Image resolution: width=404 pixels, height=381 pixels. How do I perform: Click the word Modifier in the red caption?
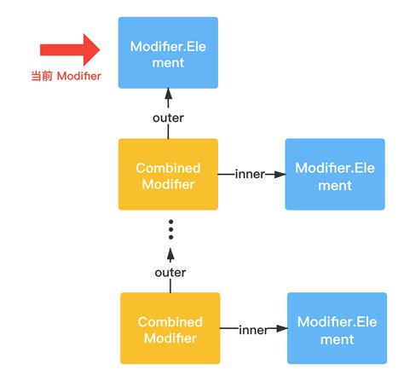(x=78, y=76)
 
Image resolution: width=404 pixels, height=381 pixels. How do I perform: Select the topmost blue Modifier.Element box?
(x=169, y=53)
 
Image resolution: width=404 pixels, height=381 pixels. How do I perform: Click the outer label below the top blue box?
(x=169, y=118)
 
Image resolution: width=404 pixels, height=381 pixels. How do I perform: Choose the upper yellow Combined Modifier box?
(x=169, y=174)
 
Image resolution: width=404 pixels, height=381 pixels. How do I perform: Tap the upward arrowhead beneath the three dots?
(x=170, y=253)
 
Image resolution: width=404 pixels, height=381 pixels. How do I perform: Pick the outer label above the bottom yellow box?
(x=170, y=272)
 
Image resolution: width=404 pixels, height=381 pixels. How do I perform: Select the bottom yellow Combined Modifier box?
(x=170, y=330)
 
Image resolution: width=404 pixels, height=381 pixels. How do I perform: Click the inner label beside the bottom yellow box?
(x=254, y=330)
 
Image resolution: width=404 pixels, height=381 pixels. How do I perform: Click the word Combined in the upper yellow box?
(x=169, y=167)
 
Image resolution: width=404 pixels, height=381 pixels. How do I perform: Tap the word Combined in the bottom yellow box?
(x=170, y=322)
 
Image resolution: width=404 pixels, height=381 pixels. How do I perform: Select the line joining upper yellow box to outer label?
(x=169, y=131)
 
